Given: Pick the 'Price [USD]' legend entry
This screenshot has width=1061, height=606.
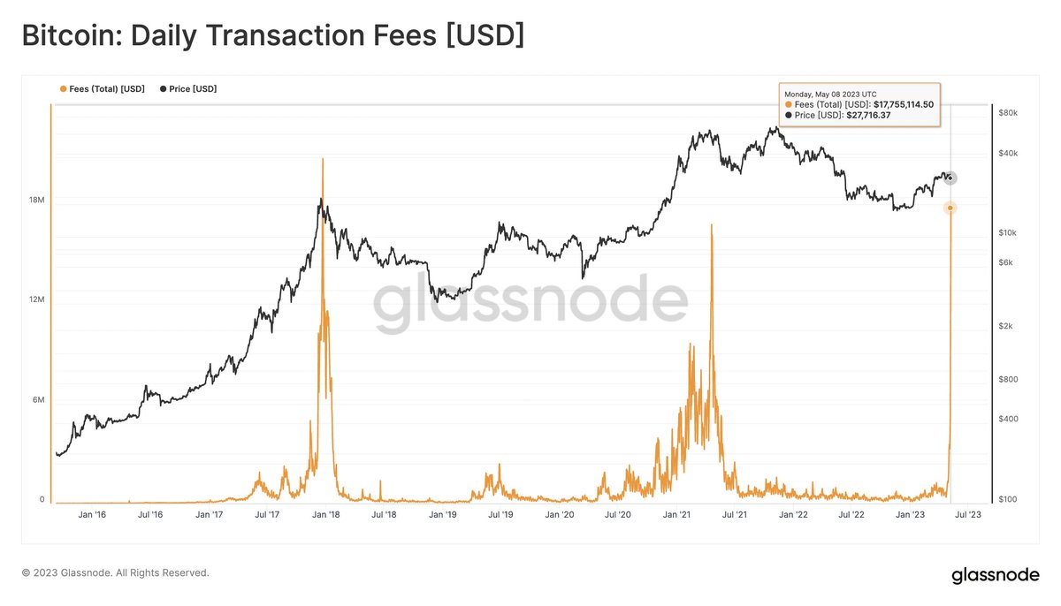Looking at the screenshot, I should point(188,89).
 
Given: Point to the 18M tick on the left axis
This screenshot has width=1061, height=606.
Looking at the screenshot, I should point(36,201).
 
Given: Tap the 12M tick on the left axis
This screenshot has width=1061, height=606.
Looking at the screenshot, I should point(36,300).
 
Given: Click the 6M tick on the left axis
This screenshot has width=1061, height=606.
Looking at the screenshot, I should point(36,400).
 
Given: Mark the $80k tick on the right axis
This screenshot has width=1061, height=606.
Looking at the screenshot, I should point(1008,113).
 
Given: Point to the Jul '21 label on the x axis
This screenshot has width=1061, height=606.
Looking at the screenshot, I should point(735,514).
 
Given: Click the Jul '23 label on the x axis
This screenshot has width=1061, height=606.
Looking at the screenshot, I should point(968,514).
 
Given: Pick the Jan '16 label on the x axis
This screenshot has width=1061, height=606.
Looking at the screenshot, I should point(93,514).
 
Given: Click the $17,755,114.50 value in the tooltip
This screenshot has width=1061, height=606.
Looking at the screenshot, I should point(903,104).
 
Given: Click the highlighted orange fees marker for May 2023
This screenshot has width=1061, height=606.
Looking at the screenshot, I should point(950,208).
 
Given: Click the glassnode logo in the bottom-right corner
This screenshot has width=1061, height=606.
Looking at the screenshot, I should point(995,575).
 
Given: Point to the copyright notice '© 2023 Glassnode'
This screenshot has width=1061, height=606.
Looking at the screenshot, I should point(115,573).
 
